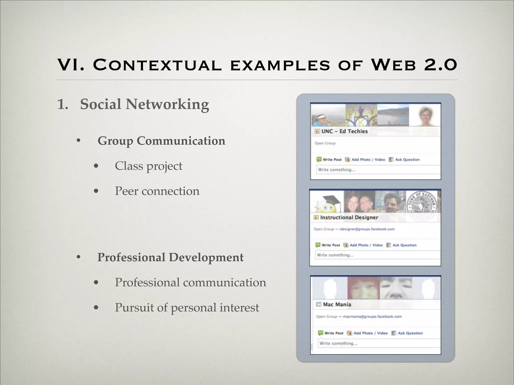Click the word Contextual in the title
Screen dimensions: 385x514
click(x=157, y=65)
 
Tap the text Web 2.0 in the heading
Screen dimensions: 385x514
click(x=414, y=65)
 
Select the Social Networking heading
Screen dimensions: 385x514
click(x=144, y=104)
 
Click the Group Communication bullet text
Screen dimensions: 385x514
click(x=161, y=141)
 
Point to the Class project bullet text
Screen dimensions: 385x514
click(x=148, y=166)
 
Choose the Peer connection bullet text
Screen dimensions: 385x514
click(x=157, y=191)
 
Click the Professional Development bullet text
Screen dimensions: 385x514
click(x=170, y=257)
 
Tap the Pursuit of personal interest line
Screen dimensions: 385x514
click(x=187, y=308)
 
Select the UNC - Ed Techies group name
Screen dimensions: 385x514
click(x=344, y=131)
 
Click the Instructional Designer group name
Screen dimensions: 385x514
click(x=349, y=217)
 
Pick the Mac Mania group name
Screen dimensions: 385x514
click(x=337, y=304)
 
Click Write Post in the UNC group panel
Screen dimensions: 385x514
click(x=332, y=159)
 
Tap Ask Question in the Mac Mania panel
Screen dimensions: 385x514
click(x=410, y=333)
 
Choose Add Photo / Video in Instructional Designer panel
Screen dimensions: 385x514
click(x=366, y=245)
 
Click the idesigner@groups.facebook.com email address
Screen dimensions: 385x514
click(x=367, y=229)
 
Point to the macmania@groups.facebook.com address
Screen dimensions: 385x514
click(x=372, y=316)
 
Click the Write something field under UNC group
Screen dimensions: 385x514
click(x=378, y=170)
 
